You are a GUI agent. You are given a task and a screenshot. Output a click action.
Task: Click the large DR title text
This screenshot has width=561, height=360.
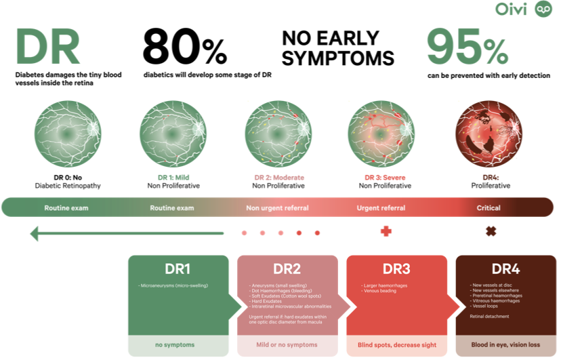[x=47, y=47]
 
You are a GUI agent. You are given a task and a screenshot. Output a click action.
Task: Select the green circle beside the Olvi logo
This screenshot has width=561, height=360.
[x=543, y=9]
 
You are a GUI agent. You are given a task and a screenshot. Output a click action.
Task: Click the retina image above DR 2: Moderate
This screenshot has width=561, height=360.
[x=278, y=133]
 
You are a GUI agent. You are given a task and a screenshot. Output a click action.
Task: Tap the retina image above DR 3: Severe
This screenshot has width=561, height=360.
[x=381, y=133]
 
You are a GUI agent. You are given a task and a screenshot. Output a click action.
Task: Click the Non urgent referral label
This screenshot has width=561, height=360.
[x=277, y=207]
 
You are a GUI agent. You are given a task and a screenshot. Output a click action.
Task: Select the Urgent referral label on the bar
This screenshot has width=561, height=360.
[x=381, y=207]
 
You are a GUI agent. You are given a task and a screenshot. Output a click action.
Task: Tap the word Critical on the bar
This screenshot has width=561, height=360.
[x=488, y=207]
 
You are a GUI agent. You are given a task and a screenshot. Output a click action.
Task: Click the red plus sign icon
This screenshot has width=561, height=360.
[x=386, y=231]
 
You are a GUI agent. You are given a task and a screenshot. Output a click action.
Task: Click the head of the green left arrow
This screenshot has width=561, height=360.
[x=35, y=234]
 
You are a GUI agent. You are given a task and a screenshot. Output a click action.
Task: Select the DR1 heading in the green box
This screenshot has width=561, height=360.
[x=178, y=268]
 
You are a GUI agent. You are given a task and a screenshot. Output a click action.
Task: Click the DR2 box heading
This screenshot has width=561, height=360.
[x=287, y=268]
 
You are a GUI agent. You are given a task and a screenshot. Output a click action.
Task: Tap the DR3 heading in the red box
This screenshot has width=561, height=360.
[x=396, y=268]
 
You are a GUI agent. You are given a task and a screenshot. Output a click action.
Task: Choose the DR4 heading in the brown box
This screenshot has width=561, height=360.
[x=505, y=268]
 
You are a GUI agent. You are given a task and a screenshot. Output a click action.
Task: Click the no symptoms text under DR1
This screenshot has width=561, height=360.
[x=175, y=344]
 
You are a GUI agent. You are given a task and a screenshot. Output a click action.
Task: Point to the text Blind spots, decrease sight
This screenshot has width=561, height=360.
[x=396, y=344]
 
